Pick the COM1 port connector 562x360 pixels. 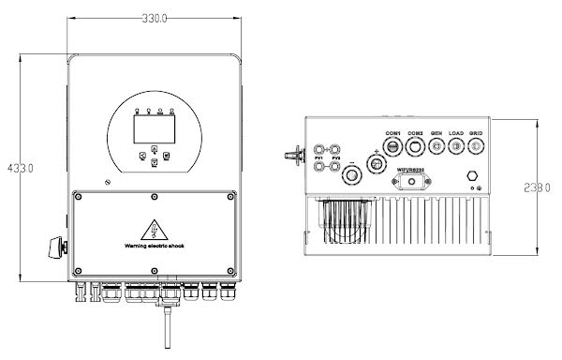[x=393, y=150]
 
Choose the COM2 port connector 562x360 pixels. [x=416, y=150]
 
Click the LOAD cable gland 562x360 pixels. [x=457, y=150]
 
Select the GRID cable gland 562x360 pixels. [x=477, y=150]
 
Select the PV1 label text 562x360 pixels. [x=320, y=157]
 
